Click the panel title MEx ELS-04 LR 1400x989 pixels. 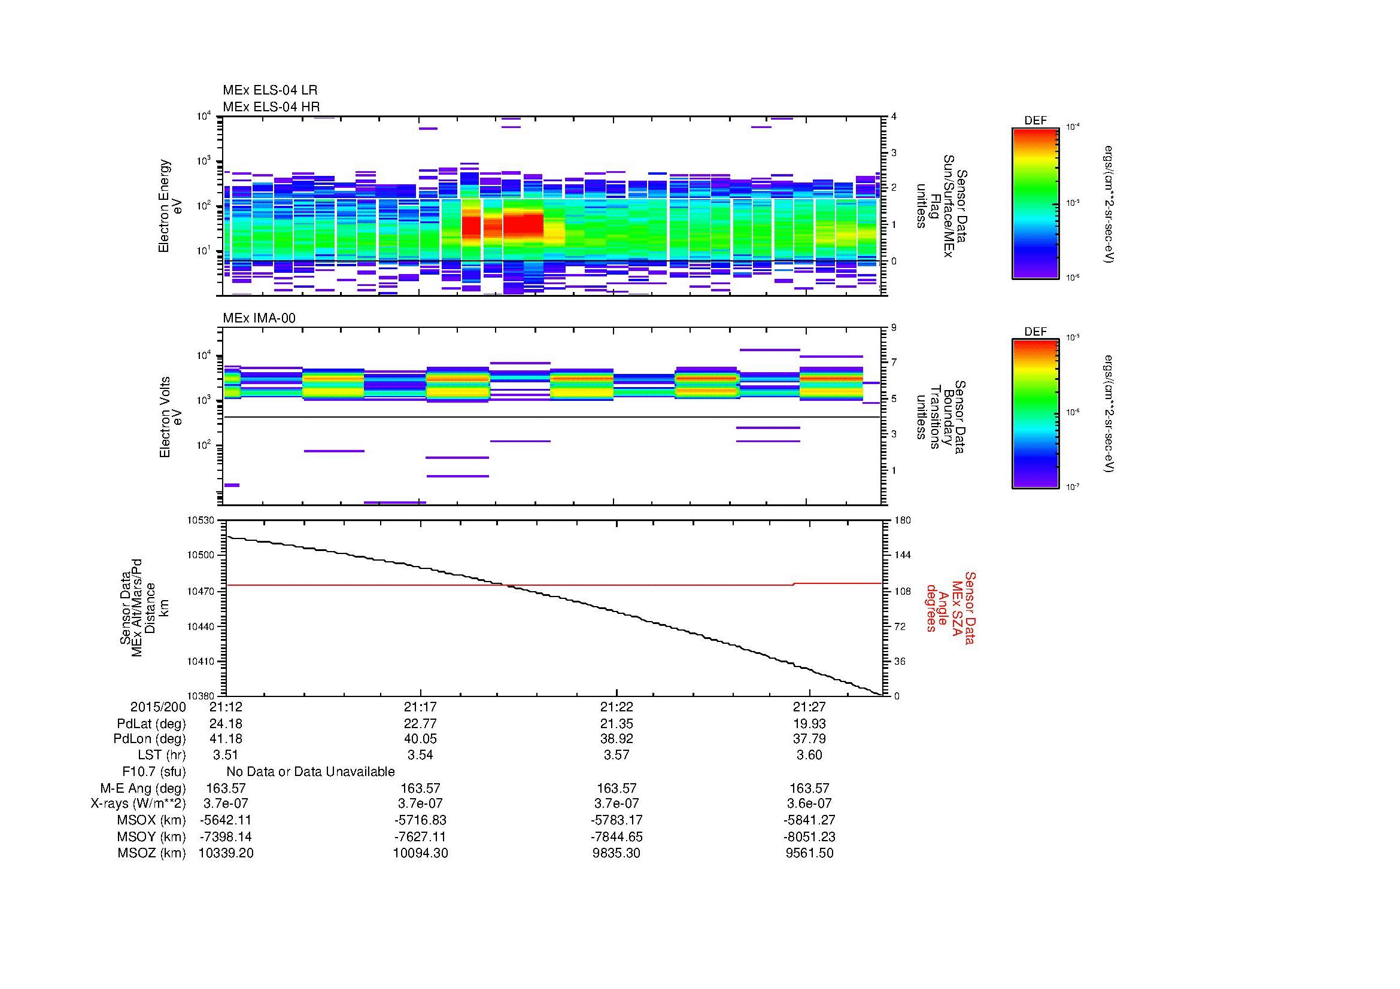(x=269, y=90)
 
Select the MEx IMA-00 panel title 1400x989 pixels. (x=259, y=318)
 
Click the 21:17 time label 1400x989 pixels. (x=420, y=707)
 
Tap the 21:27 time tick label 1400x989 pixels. (x=809, y=707)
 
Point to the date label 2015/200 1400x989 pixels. (x=158, y=707)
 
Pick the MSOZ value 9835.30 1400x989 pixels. (x=617, y=853)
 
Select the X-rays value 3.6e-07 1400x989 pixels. (x=809, y=804)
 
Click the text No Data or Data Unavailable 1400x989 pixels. (x=311, y=772)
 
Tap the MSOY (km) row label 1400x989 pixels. (x=151, y=836)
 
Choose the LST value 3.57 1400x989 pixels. (x=617, y=755)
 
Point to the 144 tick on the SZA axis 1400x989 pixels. (x=901, y=555)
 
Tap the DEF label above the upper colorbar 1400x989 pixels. (x=1035, y=121)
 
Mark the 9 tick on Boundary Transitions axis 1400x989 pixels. (x=894, y=328)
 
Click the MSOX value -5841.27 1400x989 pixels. (x=809, y=820)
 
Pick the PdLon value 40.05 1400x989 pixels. (x=420, y=739)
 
